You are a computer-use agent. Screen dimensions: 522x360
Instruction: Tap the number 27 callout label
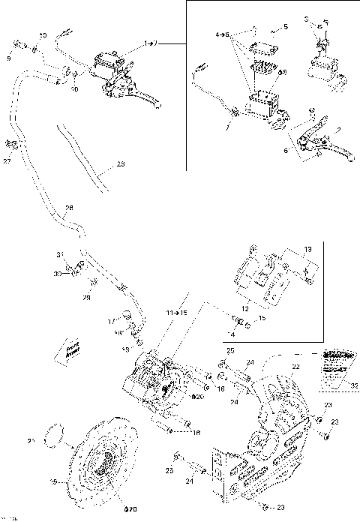click(x=7, y=160)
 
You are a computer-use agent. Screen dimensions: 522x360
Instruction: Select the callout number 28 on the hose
click(x=69, y=208)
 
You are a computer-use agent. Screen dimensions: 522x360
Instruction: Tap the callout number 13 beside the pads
click(x=307, y=248)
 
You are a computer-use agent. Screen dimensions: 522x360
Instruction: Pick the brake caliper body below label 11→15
click(x=157, y=379)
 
